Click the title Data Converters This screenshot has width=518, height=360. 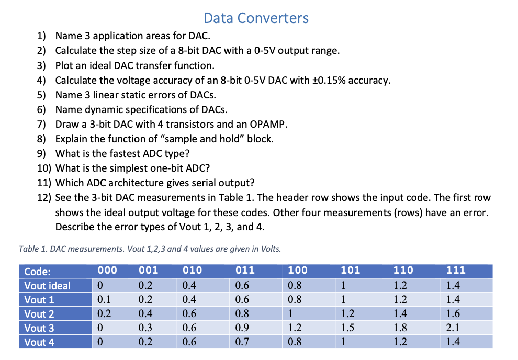click(256, 18)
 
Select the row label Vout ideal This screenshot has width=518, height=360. click(48, 286)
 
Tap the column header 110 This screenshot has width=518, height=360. click(403, 271)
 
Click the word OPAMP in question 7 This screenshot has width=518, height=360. click(266, 125)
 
